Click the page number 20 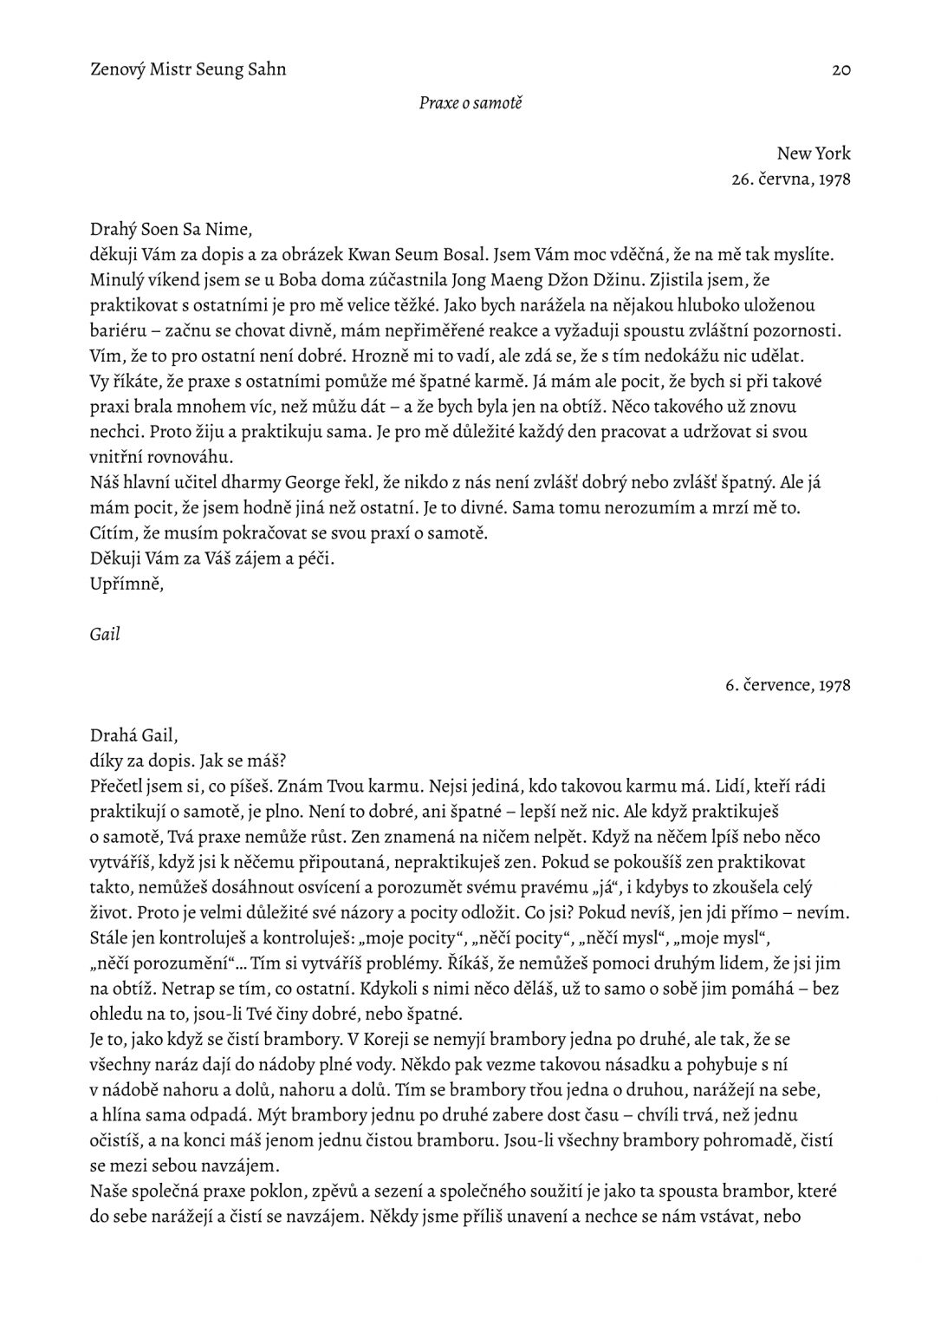click(x=840, y=70)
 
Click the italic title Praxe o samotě click(x=470, y=103)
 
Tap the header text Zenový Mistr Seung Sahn click(x=188, y=69)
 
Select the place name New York click(x=814, y=153)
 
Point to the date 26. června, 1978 click(x=791, y=180)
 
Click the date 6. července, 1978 click(x=788, y=685)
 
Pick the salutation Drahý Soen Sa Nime click(x=171, y=230)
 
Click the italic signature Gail click(x=105, y=634)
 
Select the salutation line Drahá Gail click(x=133, y=735)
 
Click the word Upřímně click(x=127, y=584)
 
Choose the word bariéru click(x=119, y=330)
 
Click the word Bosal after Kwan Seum click(x=447, y=255)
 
